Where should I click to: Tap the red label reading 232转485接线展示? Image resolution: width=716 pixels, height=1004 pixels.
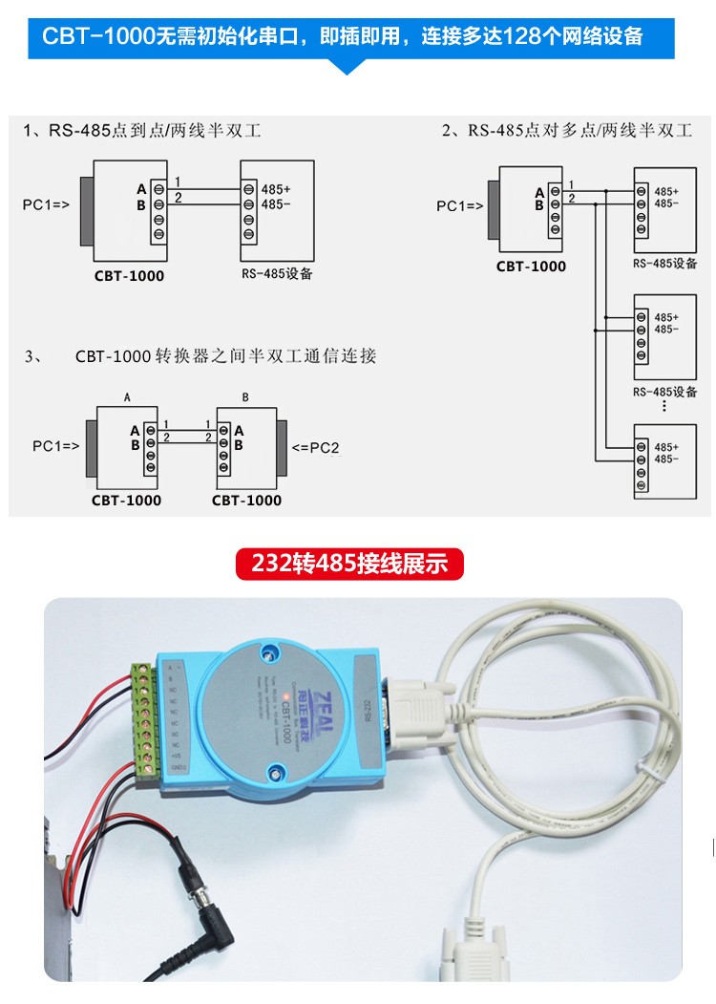point(349,563)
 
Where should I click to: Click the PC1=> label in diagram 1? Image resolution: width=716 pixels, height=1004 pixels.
point(46,204)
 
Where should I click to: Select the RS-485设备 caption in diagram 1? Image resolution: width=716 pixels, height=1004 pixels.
point(277,274)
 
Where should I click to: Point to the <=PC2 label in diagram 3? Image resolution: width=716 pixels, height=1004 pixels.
point(316,446)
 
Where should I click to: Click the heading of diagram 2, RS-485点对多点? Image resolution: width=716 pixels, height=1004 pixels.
point(566,131)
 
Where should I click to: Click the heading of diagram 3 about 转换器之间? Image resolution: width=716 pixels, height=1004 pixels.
point(226,356)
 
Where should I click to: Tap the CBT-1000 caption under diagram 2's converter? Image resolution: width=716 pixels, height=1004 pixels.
point(531,267)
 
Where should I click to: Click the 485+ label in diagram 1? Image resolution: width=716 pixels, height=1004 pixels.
point(276,189)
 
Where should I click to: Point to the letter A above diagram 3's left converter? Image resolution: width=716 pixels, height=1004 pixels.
point(127,396)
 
